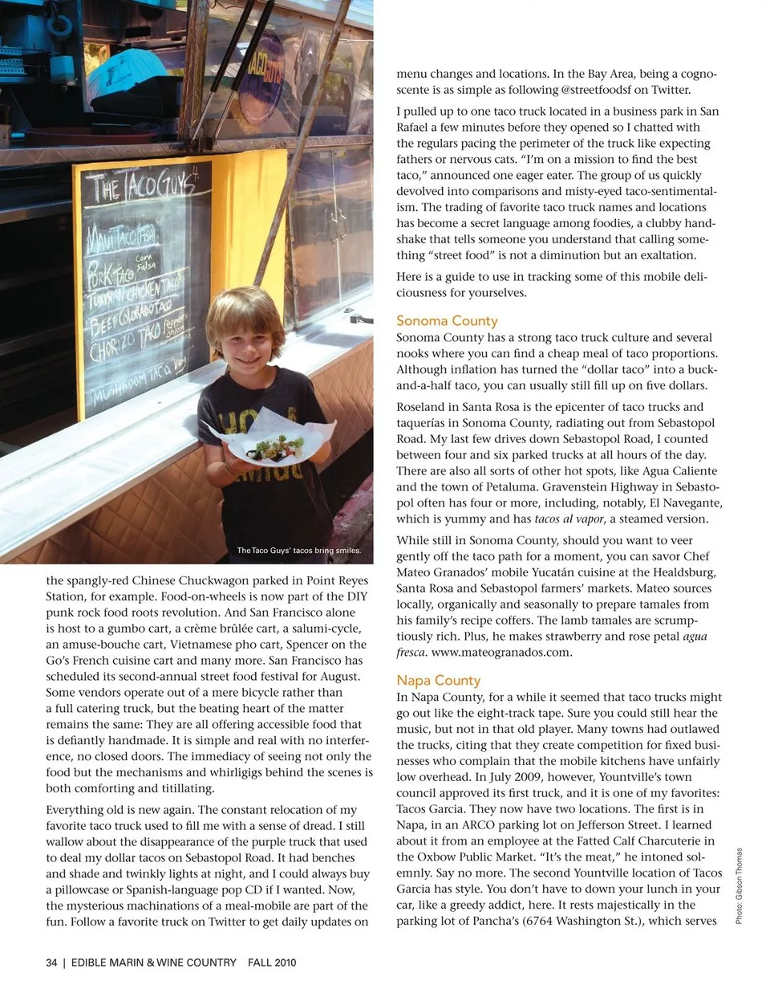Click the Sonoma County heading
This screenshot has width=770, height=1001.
click(447, 320)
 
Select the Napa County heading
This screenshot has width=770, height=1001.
click(438, 680)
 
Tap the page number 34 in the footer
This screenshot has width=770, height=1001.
click(51, 962)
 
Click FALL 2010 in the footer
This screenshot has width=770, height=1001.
click(272, 962)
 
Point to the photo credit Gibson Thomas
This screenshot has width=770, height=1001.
click(740, 885)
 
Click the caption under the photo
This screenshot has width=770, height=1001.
click(298, 551)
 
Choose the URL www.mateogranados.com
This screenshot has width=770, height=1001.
click(501, 652)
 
